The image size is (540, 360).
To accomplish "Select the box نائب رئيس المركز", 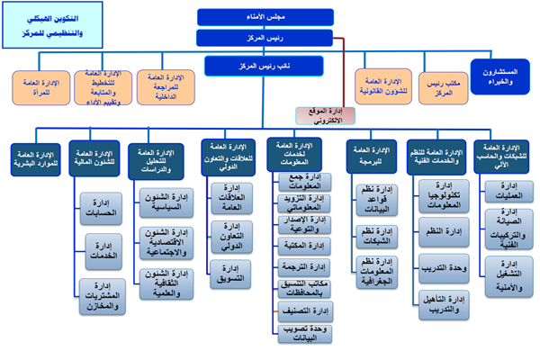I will coord(249,66).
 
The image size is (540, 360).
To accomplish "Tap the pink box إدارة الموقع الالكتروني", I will coord(318,115).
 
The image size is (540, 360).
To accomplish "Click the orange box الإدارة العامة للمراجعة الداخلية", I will coord(165,85).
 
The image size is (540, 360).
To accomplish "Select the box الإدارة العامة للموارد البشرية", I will coord(38,158).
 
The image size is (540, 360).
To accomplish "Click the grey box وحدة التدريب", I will coord(442,267).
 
